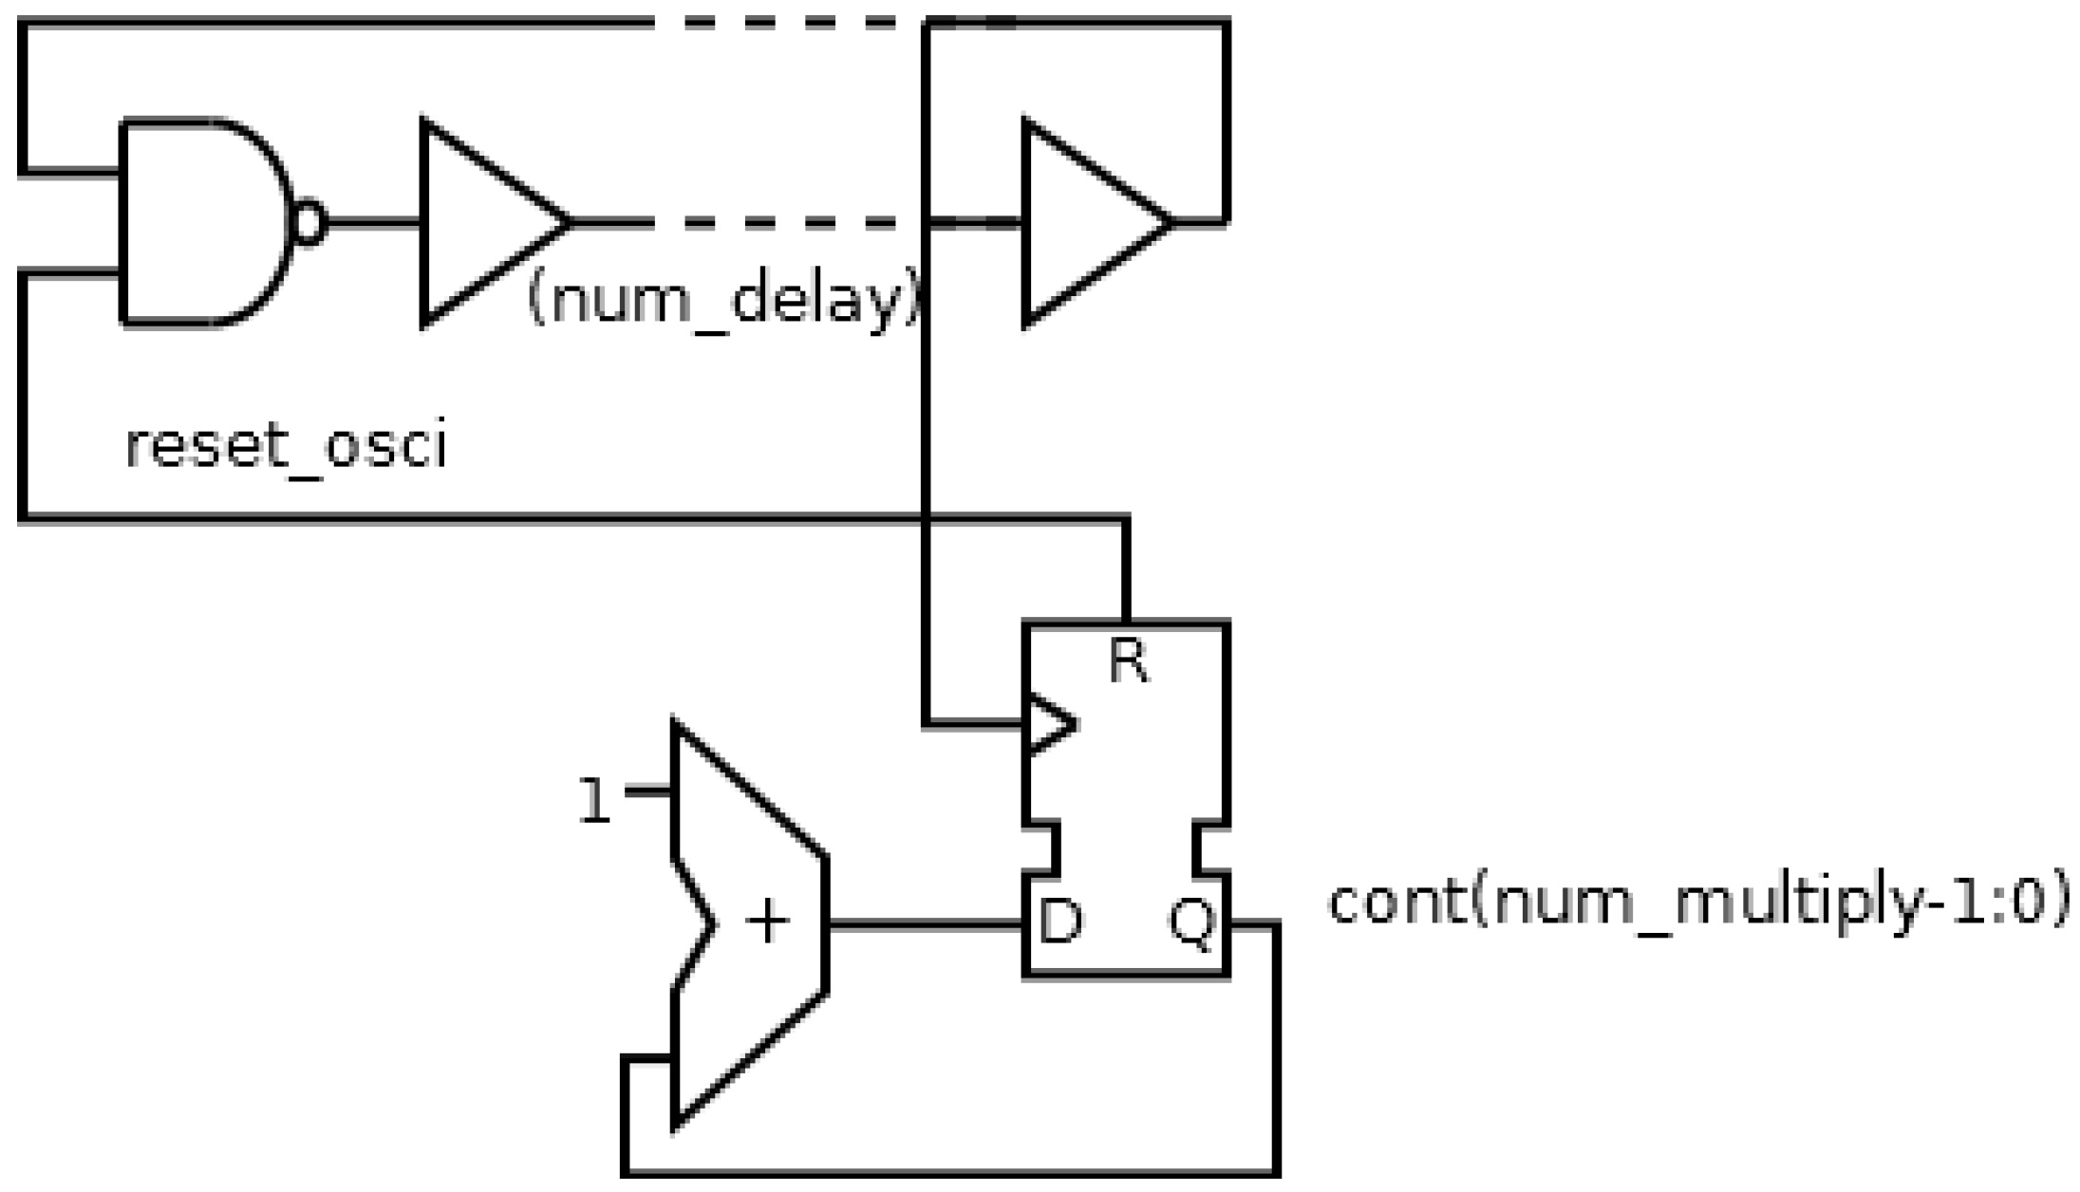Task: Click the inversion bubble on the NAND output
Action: (x=309, y=223)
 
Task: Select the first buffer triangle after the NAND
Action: (x=479, y=223)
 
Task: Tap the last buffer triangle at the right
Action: (x=1082, y=223)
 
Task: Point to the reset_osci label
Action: (x=285, y=446)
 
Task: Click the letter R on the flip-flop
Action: (x=1128, y=661)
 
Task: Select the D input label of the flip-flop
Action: (x=1060, y=922)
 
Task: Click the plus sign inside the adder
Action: (x=767, y=923)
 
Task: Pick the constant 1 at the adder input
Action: (x=594, y=800)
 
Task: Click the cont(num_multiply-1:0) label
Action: (x=1697, y=902)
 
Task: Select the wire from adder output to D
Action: (x=926, y=923)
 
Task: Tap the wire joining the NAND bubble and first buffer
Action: (x=373, y=223)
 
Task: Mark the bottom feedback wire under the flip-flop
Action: (x=949, y=1173)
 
